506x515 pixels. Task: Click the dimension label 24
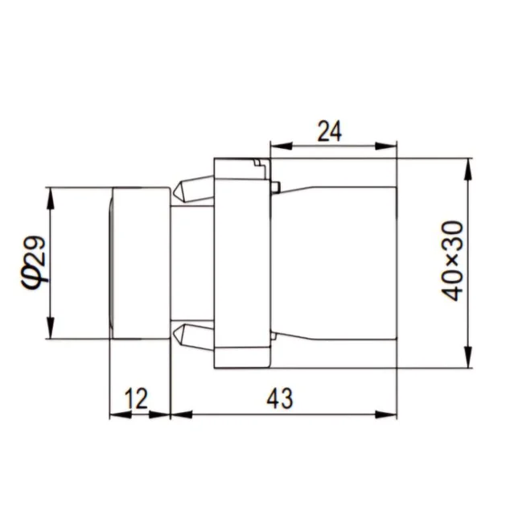329,131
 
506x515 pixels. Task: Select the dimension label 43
279,398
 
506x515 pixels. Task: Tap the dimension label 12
136,398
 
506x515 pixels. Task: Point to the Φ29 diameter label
34,263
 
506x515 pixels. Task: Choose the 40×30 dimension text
452,261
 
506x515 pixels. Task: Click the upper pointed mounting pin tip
175,191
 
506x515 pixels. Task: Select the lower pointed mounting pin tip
175,334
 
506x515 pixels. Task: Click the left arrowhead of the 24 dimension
281,146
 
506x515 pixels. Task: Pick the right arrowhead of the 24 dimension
386,146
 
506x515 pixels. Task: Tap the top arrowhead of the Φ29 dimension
50,199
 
